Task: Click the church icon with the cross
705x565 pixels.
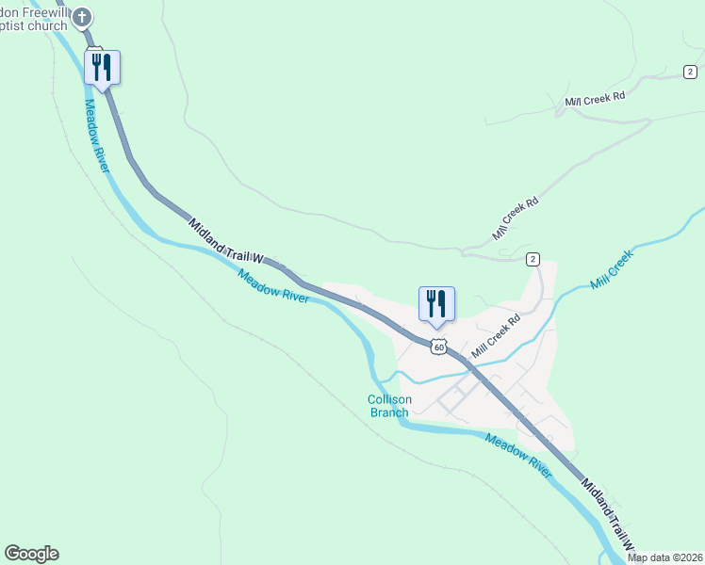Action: click(x=83, y=16)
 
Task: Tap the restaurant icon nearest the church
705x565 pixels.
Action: click(x=102, y=68)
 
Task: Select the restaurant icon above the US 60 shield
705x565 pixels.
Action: click(x=436, y=304)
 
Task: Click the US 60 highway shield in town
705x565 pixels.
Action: click(x=438, y=347)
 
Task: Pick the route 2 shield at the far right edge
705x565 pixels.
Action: click(x=691, y=72)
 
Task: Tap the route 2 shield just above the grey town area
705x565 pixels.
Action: click(x=533, y=259)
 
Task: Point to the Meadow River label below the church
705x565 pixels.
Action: click(x=98, y=136)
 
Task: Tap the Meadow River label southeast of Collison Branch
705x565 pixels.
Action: click(x=518, y=455)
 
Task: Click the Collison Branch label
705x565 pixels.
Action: click(x=388, y=406)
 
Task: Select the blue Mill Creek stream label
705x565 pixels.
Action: click(x=614, y=268)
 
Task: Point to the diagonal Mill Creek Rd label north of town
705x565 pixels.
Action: click(x=516, y=218)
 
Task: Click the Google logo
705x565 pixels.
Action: click(x=31, y=554)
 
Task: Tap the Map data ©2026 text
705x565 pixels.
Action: click(x=664, y=557)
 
